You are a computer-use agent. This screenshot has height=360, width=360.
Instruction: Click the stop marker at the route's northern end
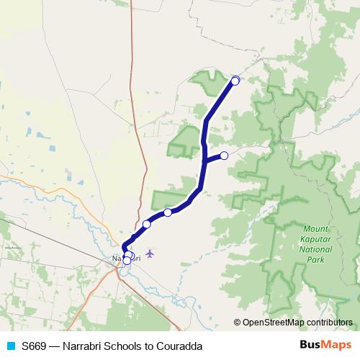(235, 81)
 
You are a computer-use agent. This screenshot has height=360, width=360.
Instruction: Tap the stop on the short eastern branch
(224, 156)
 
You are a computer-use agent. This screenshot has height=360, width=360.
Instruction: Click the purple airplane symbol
(150, 253)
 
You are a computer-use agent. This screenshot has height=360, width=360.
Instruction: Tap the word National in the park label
(316, 249)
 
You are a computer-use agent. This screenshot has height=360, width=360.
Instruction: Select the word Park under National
(316, 260)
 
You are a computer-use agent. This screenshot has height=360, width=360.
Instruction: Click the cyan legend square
(10, 346)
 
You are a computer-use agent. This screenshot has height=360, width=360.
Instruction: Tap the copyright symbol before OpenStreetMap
(238, 322)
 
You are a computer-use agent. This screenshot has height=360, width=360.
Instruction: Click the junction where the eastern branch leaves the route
(205, 161)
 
